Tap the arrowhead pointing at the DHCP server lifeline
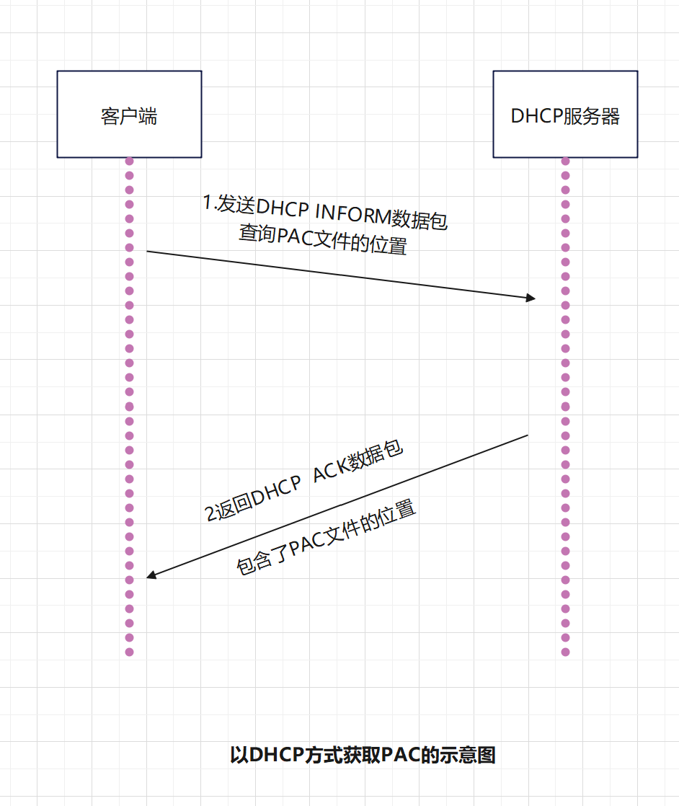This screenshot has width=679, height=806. (x=531, y=298)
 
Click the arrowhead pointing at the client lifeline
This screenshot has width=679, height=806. (x=151, y=575)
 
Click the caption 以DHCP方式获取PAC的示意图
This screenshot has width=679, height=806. (x=363, y=755)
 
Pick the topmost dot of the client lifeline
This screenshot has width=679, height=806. (x=130, y=161)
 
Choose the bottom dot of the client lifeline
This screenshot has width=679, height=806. (x=130, y=652)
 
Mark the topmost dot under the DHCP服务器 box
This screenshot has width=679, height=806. (x=565, y=161)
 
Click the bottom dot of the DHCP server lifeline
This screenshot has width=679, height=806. (x=565, y=652)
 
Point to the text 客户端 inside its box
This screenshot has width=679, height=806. (x=129, y=116)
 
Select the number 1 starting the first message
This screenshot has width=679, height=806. (x=208, y=203)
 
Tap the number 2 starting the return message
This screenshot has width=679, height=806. (x=210, y=515)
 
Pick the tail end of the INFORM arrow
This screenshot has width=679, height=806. (x=148, y=252)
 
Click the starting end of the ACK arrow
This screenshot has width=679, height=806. (x=528, y=435)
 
